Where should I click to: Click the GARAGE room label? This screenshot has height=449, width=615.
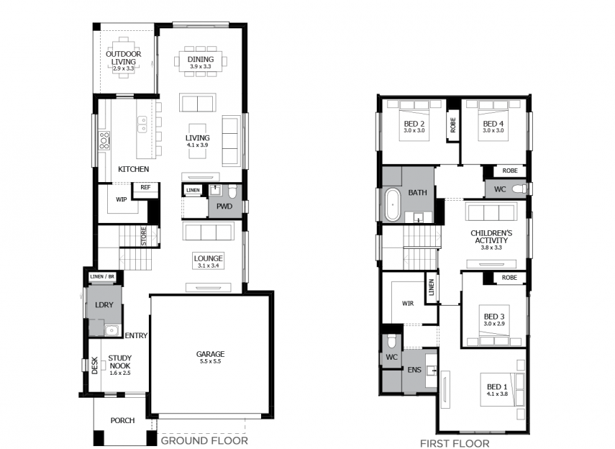(210, 354)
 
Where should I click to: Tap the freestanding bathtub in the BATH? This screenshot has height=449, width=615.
(392, 204)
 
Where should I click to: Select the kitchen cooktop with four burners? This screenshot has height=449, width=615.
(104, 140)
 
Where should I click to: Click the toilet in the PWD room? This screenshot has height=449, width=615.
(232, 191)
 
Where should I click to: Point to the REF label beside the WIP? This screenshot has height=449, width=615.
(145, 187)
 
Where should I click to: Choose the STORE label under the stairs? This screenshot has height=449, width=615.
(144, 236)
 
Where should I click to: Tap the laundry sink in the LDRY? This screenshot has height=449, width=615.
(111, 330)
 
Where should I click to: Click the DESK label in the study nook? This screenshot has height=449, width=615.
(94, 366)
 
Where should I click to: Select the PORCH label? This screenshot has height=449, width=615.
(122, 420)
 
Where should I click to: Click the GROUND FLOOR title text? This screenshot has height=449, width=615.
(204, 441)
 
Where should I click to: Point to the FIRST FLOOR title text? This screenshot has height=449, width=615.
(455, 443)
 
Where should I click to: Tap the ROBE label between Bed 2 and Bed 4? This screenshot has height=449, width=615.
(453, 125)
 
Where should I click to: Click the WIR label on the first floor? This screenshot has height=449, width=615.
(408, 304)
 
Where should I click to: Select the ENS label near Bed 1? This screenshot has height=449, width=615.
(414, 370)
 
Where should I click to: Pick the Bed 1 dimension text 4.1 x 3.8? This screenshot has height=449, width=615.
(497, 394)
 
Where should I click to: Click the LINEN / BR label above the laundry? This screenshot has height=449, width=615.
(102, 277)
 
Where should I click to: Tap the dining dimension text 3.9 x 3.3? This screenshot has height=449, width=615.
(201, 67)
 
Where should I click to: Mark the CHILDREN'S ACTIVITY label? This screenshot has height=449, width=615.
(491, 237)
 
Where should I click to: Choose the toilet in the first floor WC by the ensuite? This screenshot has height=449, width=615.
(391, 342)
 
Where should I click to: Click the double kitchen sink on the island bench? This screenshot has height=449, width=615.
(142, 124)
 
